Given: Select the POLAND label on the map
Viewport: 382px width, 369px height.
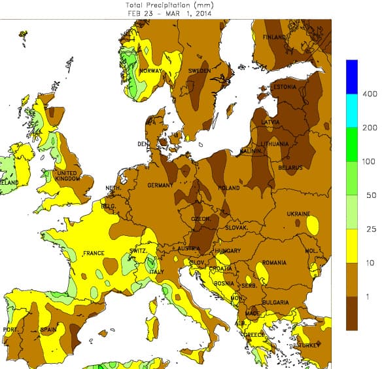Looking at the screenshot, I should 229,187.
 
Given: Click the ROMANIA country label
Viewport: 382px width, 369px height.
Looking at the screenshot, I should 274,263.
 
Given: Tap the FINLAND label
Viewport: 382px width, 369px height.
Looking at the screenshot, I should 275,37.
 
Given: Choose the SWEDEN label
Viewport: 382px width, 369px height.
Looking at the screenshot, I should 199,70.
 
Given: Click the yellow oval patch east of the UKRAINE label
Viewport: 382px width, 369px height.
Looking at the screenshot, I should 313,225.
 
